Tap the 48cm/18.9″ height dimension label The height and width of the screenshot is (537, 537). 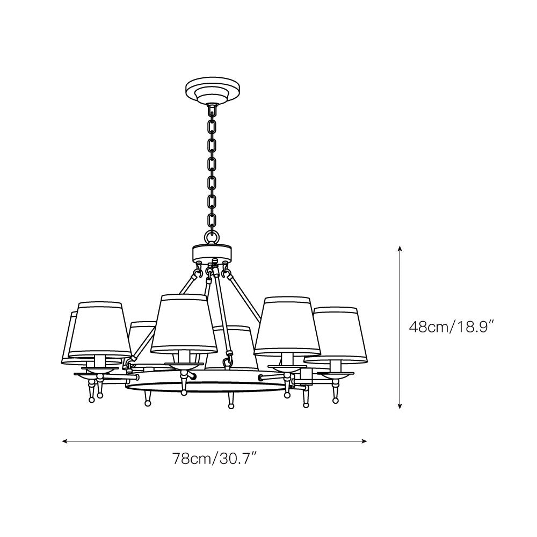(453, 327)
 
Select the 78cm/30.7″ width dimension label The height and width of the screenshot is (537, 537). (215, 458)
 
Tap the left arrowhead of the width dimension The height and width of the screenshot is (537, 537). (65, 441)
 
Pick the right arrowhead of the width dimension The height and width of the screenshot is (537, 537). (364, 441)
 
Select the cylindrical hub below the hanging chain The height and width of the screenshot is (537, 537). (213, 252)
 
